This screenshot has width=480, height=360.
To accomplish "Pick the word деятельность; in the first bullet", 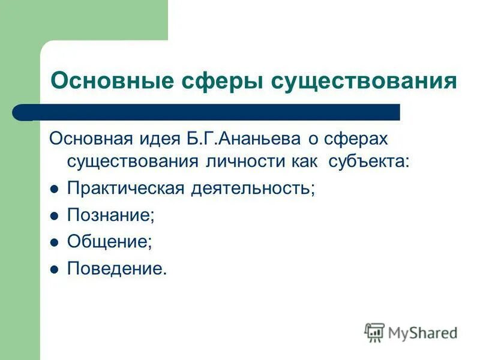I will pyautogui.click(x=252, y=188).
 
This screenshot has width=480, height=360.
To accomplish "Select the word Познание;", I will pyautogui.click(x=110, y=215).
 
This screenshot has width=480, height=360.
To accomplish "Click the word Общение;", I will pyautogui.click(x=109, y=242).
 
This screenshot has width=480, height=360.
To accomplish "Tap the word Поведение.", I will pyautogui.click(x=116, y=268).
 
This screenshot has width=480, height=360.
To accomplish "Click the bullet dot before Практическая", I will pyautogui.click(x=53, y=189).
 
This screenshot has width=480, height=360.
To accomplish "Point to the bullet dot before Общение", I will pyautogui.click(x=53, y=242).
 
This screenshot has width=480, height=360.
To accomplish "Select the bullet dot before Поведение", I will pyautogui.click(x=53, y=269).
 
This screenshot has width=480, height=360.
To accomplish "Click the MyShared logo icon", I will pyautogui.click(x=374, y=332).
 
